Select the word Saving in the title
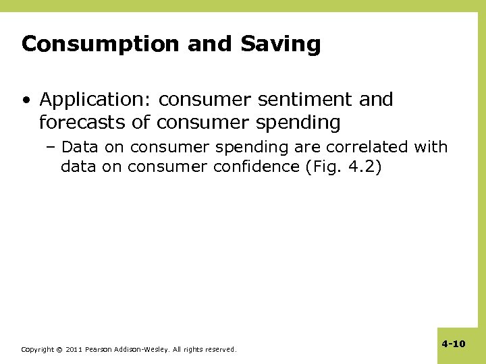pos(281,44)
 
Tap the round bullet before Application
pos(25,100)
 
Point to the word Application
pos(98,100)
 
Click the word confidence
pos(254,166)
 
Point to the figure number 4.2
pos(360,166)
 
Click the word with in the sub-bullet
pos(431,146)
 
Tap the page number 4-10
pos(454,344)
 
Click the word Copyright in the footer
pos(36,350)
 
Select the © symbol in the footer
pos(59,350)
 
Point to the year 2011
pos(74,350)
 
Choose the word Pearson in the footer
pos(100,350)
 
